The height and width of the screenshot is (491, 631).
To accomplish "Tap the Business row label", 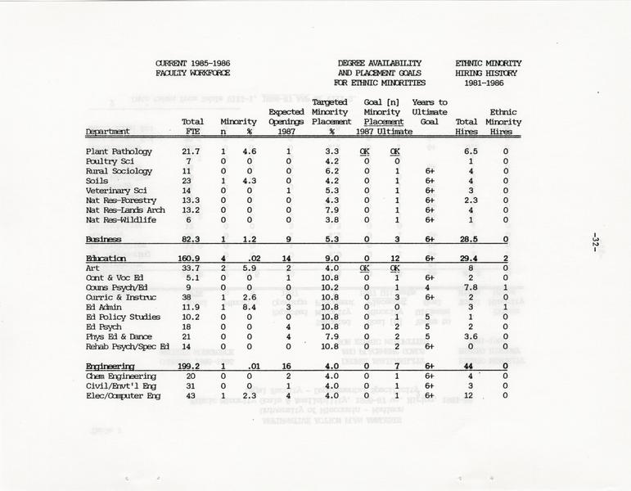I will [104, 239].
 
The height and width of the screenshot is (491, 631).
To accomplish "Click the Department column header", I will [108, 131].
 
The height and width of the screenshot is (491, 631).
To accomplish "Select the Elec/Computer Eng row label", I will [123, 395].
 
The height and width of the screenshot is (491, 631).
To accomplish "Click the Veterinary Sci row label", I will [115, 191].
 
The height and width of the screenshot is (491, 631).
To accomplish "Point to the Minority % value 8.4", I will [250, 307].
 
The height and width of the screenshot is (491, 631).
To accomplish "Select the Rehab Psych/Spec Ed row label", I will [128, 346].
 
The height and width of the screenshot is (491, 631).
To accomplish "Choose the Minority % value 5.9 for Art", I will [250, 268].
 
